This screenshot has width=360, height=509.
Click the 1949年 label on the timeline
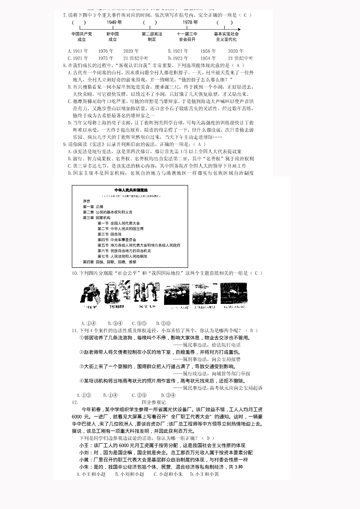[114, 22]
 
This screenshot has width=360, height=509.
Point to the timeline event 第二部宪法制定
[151, 37]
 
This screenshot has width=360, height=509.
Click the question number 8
[65, 65]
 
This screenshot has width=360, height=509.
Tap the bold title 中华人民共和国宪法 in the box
[131, 190]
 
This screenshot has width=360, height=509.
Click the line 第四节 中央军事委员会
[117, 239]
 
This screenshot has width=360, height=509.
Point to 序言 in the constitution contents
[87, 202]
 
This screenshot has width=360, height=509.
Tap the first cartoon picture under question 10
[91, 295]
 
